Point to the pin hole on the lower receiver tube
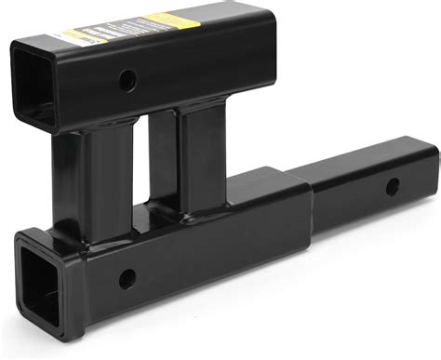tap(127, 276)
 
